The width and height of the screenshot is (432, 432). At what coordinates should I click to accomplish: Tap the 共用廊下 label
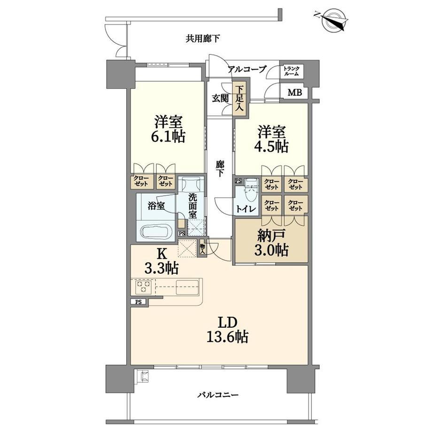(202, 39)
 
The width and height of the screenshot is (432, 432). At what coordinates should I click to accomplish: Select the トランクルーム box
(291, 71)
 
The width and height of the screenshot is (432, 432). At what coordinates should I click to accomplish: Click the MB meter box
(294, 93)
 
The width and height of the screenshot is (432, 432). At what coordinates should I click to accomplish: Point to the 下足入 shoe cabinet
(239, 99)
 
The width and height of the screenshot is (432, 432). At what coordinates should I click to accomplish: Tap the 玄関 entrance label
(220, 99)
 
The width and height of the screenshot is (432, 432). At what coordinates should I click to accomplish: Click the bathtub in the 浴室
(156, 231)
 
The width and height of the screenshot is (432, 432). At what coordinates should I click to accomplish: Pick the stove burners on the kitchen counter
(143, 287)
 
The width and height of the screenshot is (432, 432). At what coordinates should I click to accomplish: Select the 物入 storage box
(202, 249)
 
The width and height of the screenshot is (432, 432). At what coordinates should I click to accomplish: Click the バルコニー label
(218, 395)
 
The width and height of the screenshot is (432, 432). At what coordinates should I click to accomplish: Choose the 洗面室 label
(193, 206)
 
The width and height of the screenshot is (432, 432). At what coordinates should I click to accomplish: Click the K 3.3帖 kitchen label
(162, 261)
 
